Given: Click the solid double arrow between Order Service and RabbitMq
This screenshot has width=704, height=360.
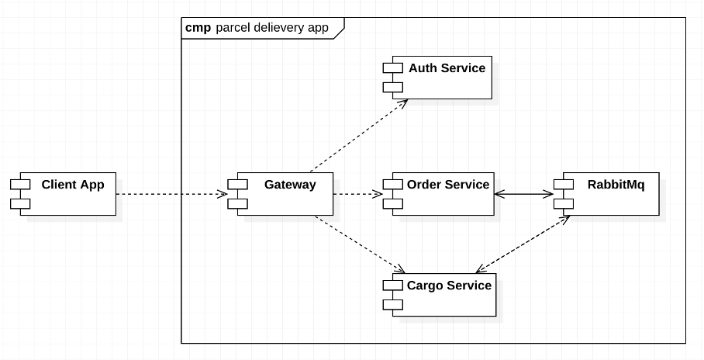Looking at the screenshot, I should pos(524,194).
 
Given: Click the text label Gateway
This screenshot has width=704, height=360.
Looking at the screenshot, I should pos(290,185).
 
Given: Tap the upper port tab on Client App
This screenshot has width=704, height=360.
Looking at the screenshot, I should pos(19,184).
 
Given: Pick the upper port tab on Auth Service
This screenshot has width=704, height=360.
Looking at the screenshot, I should pos(392,67).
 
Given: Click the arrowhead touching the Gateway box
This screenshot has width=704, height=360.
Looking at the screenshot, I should pos(222,194).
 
